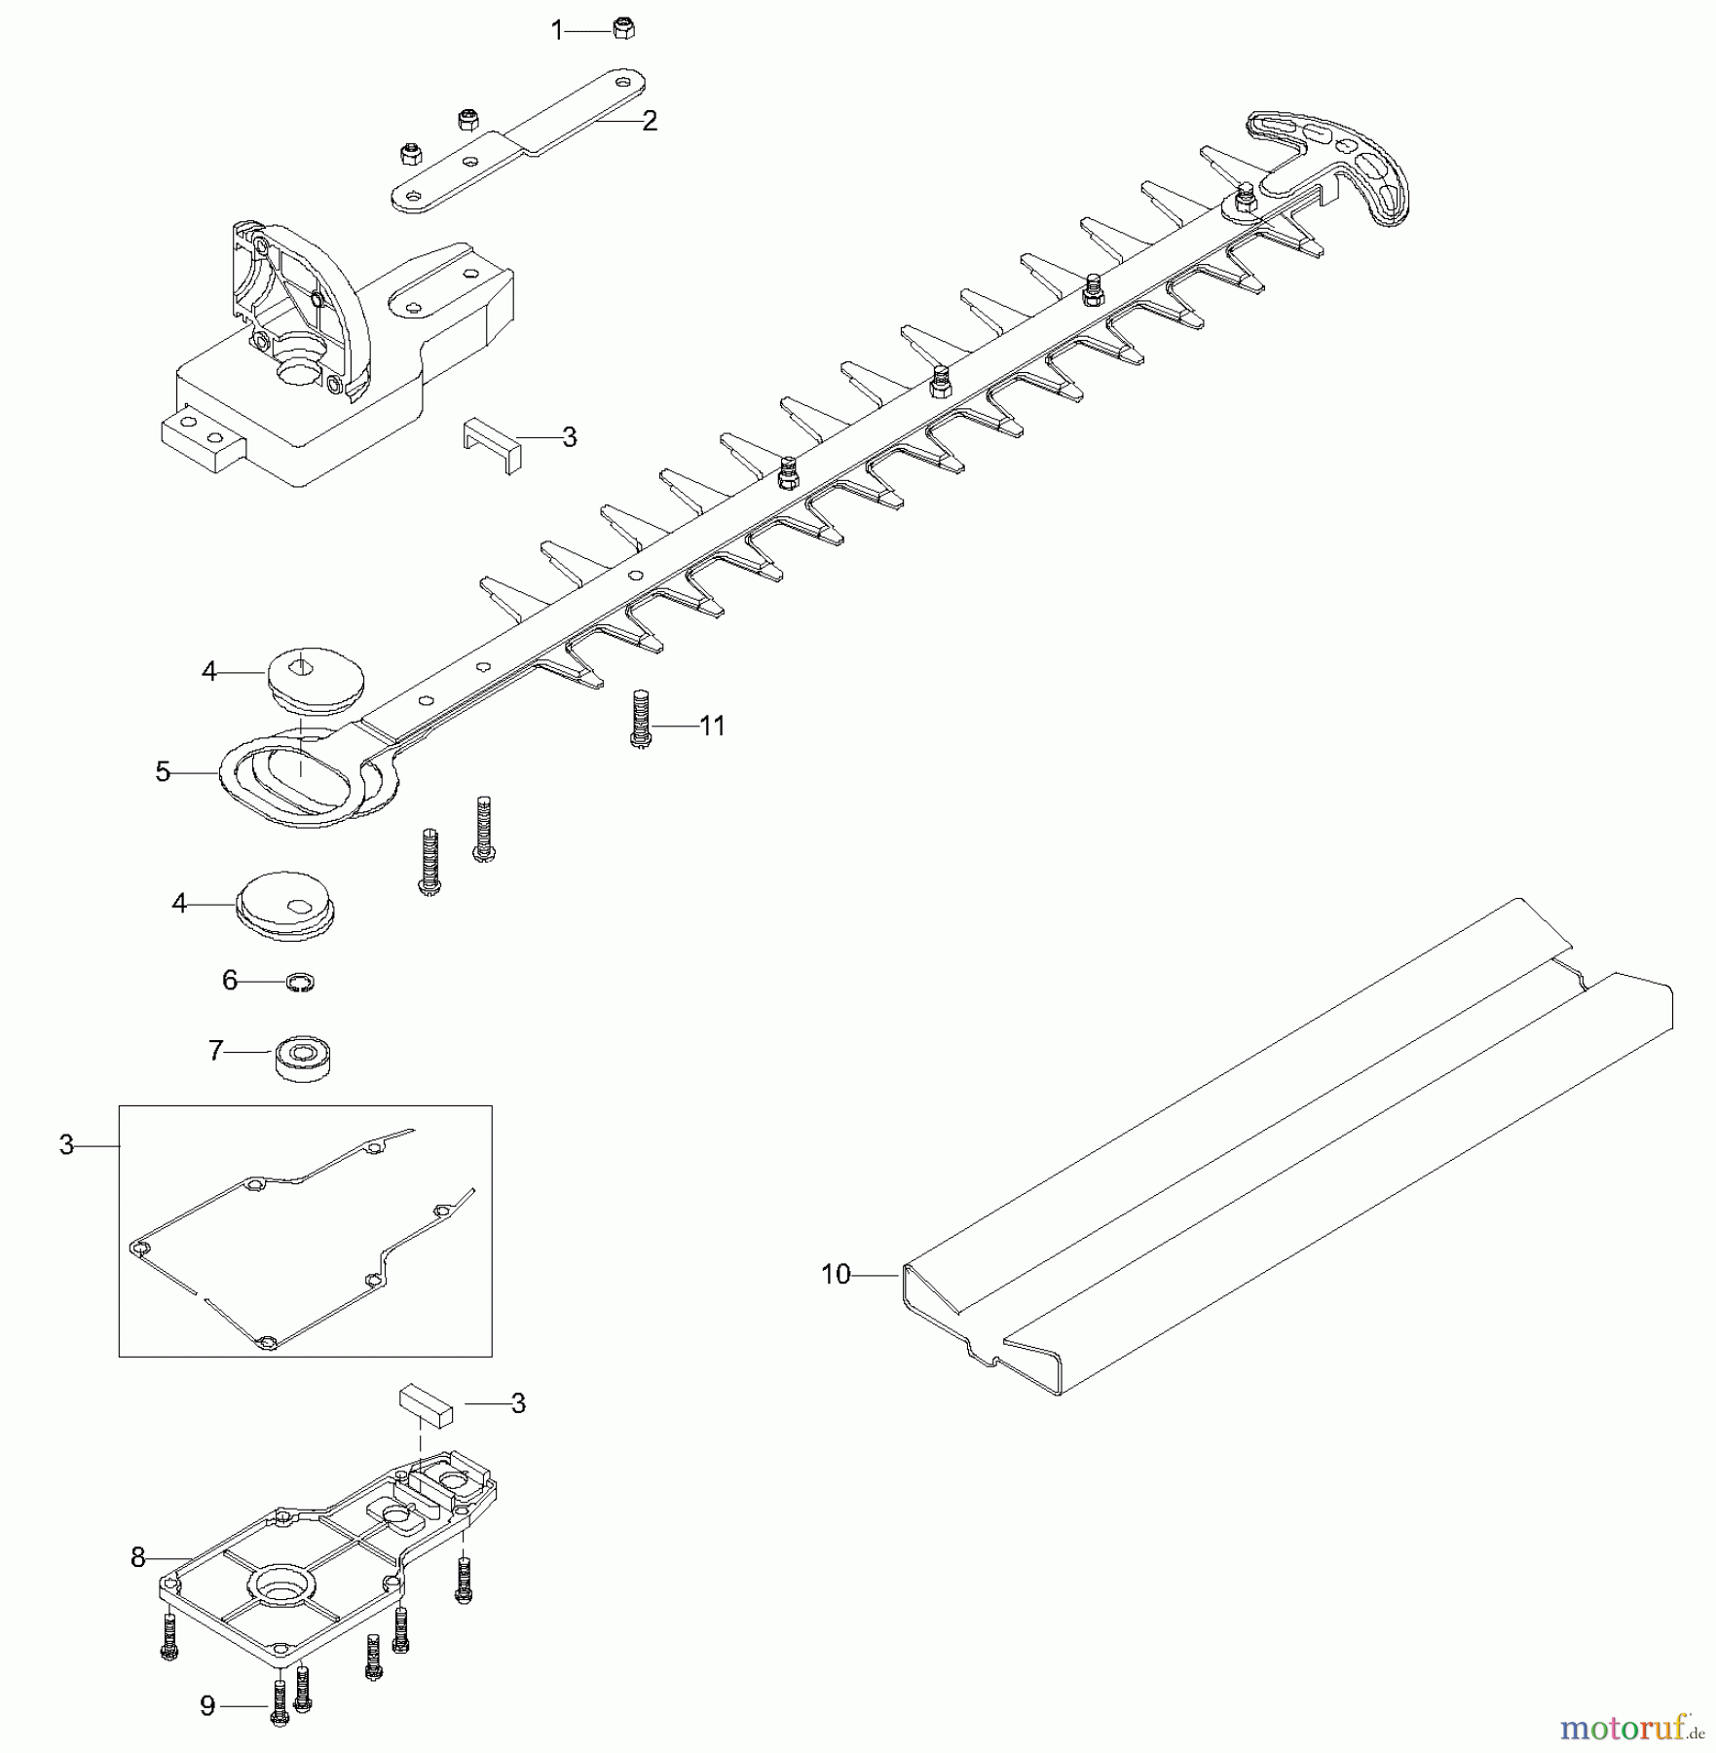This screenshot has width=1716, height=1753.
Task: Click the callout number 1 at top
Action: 557,31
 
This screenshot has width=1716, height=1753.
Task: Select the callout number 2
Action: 650,121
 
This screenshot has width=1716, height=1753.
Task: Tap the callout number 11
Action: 713,726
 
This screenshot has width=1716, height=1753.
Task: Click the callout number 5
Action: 163,772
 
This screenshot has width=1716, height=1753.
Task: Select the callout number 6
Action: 230,980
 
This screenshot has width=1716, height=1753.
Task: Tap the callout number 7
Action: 216,1051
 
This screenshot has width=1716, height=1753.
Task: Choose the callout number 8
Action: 138,1558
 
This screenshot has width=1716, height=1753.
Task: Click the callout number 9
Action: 207,1706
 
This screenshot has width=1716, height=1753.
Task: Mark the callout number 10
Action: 836,1274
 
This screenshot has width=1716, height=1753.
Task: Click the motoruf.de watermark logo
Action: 1631,1728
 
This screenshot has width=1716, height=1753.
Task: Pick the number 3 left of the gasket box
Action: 66,1146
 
